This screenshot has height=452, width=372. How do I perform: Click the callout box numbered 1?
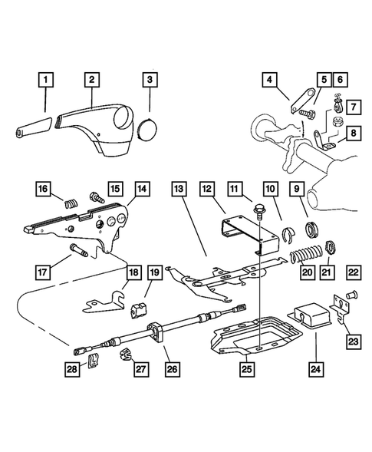[48, 80]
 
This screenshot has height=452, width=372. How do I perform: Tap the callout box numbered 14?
[141, 186]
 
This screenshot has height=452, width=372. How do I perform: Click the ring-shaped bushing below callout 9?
[312, 228]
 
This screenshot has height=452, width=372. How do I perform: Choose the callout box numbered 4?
[272, 80]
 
